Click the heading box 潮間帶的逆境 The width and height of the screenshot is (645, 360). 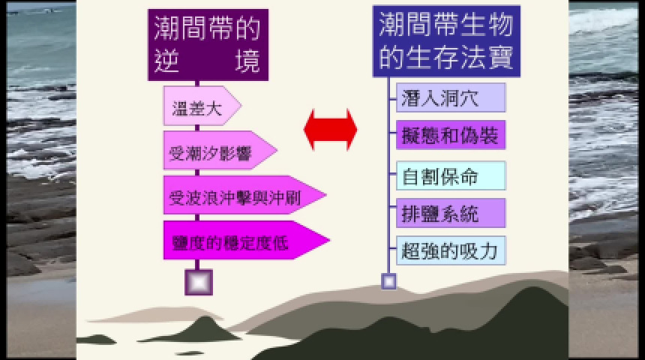coord(208,45)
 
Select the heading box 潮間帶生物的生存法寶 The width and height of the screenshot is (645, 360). coord(446,41)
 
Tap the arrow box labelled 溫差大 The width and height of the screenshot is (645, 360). coord(202,106)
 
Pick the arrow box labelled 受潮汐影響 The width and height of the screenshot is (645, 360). coord(220,150)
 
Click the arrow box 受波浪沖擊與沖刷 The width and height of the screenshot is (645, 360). coord(244,195)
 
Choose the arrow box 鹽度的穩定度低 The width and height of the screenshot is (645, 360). coord(247,240)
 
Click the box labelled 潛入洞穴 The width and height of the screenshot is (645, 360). coord(451,97)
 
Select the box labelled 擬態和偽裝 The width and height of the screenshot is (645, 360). coord(451,135)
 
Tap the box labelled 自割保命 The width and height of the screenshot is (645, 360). coord(451,176)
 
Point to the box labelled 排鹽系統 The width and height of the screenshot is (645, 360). coord(451,213)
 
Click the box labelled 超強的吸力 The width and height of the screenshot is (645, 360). coord(451,250)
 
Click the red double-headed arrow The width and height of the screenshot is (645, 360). coord(330,130)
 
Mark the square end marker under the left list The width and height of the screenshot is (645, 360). coord(199,282)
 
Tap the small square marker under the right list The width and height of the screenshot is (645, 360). coord(388,281)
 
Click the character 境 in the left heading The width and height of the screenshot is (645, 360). coord(247,61)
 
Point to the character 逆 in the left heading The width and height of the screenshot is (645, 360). coord(166,61)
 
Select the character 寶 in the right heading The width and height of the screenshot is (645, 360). coord(500,57)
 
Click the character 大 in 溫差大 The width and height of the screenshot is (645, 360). coord(214,109)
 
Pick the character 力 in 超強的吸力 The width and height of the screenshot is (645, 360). coord(489,251)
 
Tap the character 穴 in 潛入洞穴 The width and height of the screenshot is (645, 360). coord(469,98)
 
